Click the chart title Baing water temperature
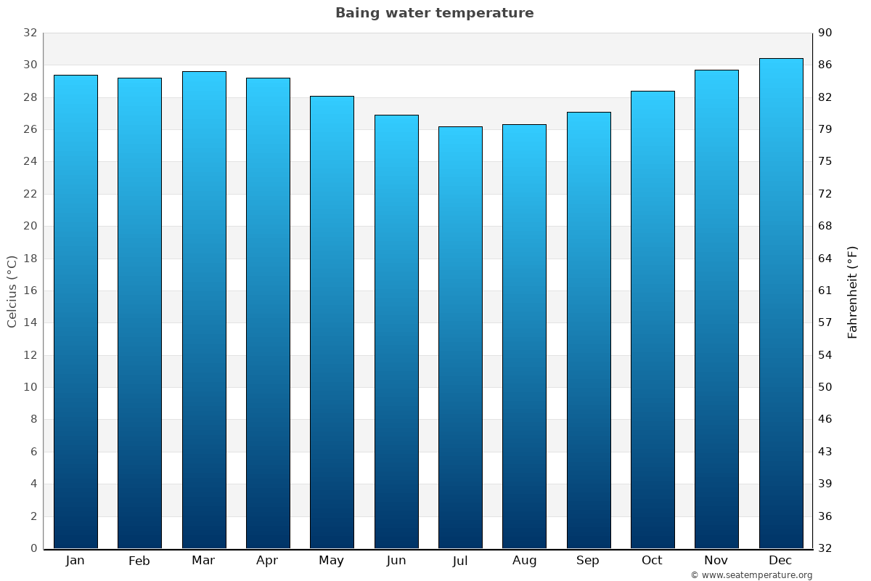click(434, 13)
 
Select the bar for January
click(75, 312)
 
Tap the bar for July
click(460, 338)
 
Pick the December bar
click(781, 304)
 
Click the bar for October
click(653, 320)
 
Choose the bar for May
click(332, 322)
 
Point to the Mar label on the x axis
click(203, 561)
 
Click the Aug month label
click(524, 561)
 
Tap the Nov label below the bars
click(716, 561)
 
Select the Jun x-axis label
click(396, 561)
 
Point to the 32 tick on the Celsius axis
click(30, 33)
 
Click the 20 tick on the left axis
click(30, 226)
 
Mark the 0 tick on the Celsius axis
click(33, 548)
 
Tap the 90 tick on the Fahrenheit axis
click(825, 33)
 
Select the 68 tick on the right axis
click(825, 226)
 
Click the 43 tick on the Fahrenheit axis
click(825, 452)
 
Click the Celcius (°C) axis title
click(12, 291)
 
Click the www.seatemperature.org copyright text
click(751, 575)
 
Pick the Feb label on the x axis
click(139, 561)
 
